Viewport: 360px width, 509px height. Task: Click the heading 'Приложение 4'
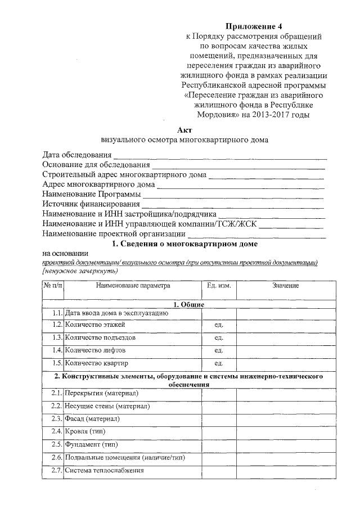click(254, 26)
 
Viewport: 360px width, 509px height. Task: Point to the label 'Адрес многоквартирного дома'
click(98, 184)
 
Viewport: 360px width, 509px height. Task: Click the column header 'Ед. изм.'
click(219, 286)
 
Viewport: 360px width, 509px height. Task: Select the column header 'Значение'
click(286, 286)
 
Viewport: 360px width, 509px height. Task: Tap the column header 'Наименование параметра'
click(133, 286)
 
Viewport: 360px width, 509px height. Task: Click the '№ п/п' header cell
click(53, 286)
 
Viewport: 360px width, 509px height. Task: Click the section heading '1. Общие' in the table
click(188, 304)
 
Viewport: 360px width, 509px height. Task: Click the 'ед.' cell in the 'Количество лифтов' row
click(219, 351)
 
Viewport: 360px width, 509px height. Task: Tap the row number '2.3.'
click(55, 418)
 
